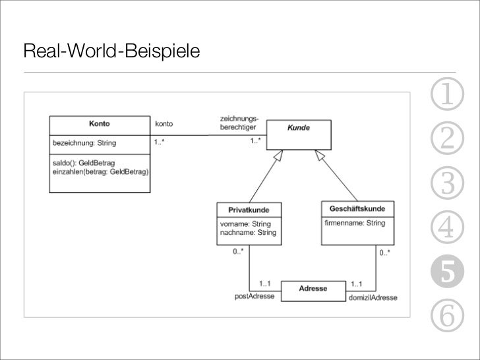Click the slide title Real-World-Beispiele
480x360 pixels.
pyautogui.click(x=111, y=51)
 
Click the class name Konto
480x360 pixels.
pyautogui.click(x=100, y=124)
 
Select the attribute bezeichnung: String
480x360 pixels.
pyautogui.click(x=84, y=142)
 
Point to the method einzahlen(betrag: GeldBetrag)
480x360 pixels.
pyautogui.click(x=100, y=171)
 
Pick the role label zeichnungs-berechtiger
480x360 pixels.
pyautogui.click(x=239, y=123)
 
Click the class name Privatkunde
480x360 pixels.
pyautogui.click(x=249, y=210)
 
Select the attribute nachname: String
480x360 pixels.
pyautogui.click(x=248, y=233)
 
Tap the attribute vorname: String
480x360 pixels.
pyautogui.click(x=245, y=224)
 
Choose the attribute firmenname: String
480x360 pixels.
pyautogui.click(x=355, y=224)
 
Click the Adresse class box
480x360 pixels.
pyautogui.click(x=313, y=289)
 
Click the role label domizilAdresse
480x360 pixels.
pyautogui.click(x=373, y=298)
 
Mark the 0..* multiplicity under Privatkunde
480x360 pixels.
pyautogui.click(x=238, y=252)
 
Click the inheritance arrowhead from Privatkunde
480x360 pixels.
pyautogui.click(x=279, y=155)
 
